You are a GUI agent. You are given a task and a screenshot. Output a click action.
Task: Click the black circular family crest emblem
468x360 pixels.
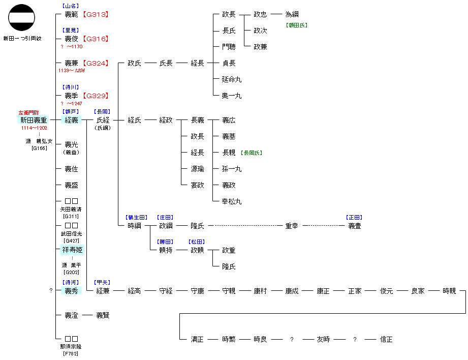[21, 17]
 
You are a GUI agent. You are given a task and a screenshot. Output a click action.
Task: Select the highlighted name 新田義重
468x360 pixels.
[34, 120]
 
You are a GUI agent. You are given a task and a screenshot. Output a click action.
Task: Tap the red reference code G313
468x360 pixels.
[96, 14]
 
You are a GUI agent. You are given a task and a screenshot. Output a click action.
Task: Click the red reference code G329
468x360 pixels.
[96, 96]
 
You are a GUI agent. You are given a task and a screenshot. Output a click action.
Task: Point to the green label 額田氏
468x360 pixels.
[297, 25]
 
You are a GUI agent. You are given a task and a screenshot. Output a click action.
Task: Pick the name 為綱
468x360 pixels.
[292, 14]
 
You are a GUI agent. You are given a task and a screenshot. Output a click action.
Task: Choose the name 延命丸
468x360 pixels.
[232, 79]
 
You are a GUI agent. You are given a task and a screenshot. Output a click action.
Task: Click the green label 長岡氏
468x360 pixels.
[252, 153]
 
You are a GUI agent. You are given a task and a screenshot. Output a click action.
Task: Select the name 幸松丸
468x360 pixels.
[232, 202]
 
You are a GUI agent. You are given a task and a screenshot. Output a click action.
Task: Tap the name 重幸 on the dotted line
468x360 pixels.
[292, 226]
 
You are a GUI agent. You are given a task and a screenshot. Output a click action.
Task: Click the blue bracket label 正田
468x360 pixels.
[354, 218]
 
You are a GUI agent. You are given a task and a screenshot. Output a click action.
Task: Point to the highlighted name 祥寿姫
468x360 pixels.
[72, 250]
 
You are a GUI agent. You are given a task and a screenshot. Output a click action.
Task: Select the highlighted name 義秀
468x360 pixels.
[71, 291]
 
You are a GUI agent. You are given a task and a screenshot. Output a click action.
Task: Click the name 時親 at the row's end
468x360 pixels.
[449, 291]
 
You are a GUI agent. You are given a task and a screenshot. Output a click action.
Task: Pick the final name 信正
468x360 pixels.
[386, 339]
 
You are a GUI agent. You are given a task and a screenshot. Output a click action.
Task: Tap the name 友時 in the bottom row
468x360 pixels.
[323, 339]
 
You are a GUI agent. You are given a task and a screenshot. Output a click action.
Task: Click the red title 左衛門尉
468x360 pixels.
[28, 113]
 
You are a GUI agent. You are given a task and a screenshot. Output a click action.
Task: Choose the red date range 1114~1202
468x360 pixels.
[34, 128]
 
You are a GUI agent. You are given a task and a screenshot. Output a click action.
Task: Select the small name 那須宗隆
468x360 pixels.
[71, 347]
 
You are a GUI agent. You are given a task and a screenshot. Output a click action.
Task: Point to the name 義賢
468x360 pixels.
[103, 315]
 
